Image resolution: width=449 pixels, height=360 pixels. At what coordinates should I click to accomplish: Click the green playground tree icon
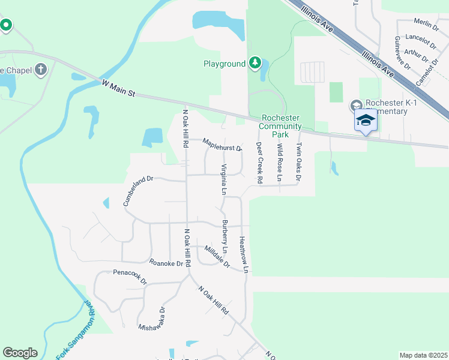point(255,63)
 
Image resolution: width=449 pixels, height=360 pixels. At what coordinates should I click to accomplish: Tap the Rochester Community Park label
point(280,126)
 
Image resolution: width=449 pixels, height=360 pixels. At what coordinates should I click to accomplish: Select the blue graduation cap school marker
point(366,121)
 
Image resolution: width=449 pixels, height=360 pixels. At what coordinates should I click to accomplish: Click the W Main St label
point(119,91)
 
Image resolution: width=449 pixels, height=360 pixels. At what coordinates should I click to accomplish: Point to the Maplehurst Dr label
point(222,145)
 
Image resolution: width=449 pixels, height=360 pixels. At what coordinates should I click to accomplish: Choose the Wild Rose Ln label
point(279,163)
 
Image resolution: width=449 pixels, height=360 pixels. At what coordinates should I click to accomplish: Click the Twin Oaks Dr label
point(298,161)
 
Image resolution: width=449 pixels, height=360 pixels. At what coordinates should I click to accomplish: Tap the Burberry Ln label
point(225,236)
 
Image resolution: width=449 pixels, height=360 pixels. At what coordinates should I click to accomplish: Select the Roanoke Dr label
point(166,262)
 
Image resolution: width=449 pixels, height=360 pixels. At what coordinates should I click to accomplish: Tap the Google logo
point(20,353)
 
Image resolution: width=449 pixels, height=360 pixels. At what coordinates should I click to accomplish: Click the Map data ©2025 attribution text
point(423,355)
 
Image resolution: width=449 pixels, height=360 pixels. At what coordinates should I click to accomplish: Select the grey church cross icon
point(41,70)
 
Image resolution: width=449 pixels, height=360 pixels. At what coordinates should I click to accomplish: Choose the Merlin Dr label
point(427,22)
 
